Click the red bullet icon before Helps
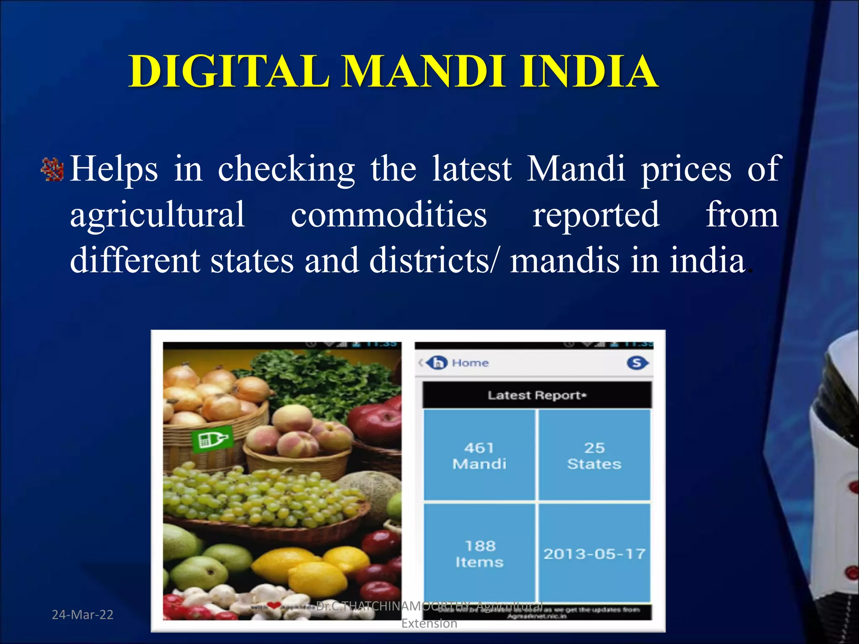(52, 170)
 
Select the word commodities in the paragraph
(388, 215)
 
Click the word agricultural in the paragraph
(157, 215)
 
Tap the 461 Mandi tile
(479, 455)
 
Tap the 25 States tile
(594, 455)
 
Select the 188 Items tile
(479, 553)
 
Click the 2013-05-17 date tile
(594, 553)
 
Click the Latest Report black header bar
(537, 395)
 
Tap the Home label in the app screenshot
(470, 363)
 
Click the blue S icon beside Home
(637, 363)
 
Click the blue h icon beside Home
(437, 363)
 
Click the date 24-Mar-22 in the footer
(83, 615)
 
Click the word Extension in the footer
(429, 623)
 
